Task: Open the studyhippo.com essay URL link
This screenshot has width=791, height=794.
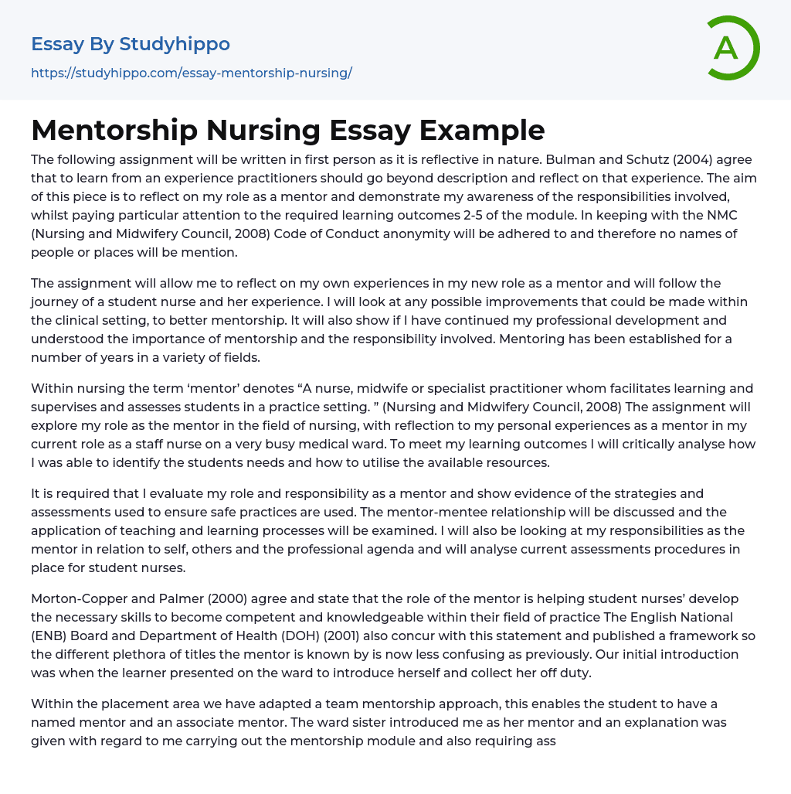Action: (x=191, y=73)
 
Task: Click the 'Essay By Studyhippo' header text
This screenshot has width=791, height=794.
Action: (x=130, y=44)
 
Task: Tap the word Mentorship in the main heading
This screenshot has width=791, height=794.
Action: (x=114, y=130)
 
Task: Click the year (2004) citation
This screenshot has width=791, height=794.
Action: (x=695, y=159)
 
